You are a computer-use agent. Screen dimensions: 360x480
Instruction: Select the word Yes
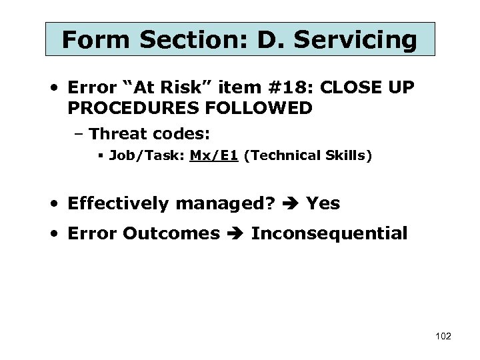click(323, 203)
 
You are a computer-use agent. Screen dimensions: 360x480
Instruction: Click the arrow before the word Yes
click(291, 204)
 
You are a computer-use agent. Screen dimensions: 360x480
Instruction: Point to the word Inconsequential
click(329, 233)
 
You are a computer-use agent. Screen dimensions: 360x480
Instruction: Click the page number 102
click(443, 336)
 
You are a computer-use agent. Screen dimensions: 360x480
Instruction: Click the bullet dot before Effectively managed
click(59, 204)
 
